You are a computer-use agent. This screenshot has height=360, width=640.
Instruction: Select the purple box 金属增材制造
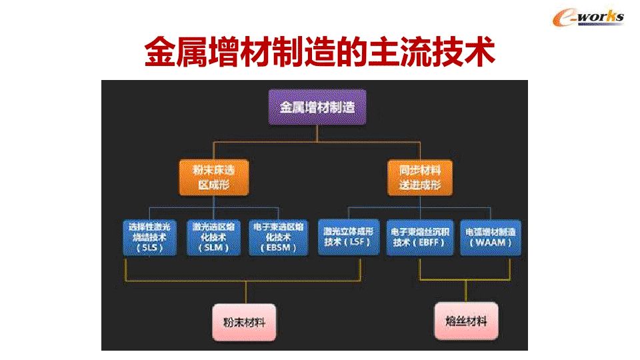point(317,107)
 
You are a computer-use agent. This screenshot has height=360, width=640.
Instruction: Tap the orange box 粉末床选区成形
point(213,177)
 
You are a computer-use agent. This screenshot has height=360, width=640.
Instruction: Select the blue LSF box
point(351,237)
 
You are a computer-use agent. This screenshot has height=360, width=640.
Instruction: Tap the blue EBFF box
point(420,237)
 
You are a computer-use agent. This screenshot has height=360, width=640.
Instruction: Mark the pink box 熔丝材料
point(466,322)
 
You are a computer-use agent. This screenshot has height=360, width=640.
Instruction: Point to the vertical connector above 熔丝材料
point(466,293)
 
